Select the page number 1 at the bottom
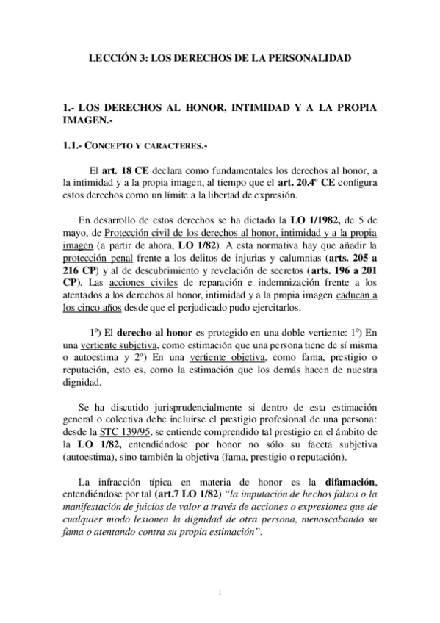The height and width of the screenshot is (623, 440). pos(220,590)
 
